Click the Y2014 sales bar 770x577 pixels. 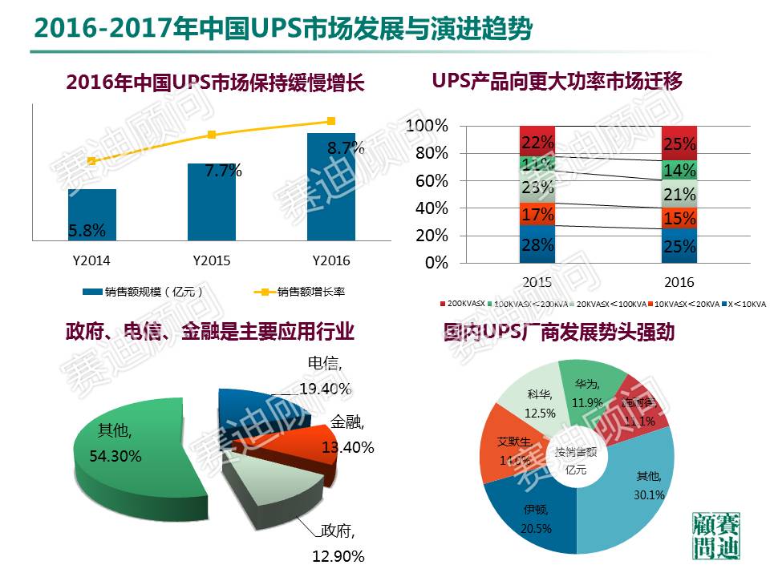pos(91,214)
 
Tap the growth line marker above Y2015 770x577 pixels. pos(212,135)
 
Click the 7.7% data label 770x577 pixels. pos(223,171)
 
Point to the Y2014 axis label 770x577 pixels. pos(91,261)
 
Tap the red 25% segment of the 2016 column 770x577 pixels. pos(680,143)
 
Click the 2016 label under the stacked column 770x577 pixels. pos(680,282)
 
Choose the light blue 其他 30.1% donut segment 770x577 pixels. pos(642,489)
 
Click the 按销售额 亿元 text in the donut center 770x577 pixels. pos(576,462)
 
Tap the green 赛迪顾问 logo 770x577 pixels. pos(717,536)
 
